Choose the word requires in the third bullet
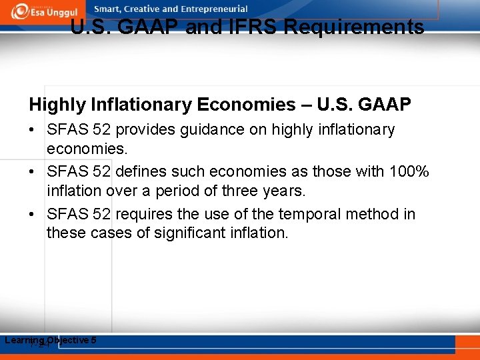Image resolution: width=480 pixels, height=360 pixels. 143,214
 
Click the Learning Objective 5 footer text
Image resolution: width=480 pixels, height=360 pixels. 51,341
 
